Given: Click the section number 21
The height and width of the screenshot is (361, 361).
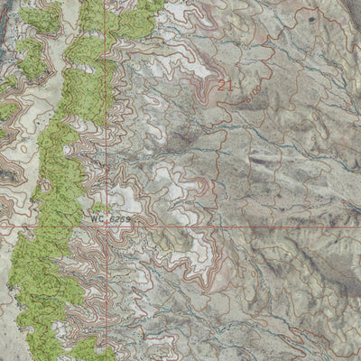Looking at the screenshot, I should [x=225, y=84].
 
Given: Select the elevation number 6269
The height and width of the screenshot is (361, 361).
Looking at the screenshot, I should [x=121, y=218].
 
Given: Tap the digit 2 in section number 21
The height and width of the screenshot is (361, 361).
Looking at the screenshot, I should [x=221, y=84].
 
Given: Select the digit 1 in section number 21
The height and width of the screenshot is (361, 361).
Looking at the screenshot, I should [x=228, y=84].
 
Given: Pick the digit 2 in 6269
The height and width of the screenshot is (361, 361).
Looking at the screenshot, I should [x=118, y=218].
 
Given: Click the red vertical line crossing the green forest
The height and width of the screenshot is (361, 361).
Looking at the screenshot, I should [x=106, y=54].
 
